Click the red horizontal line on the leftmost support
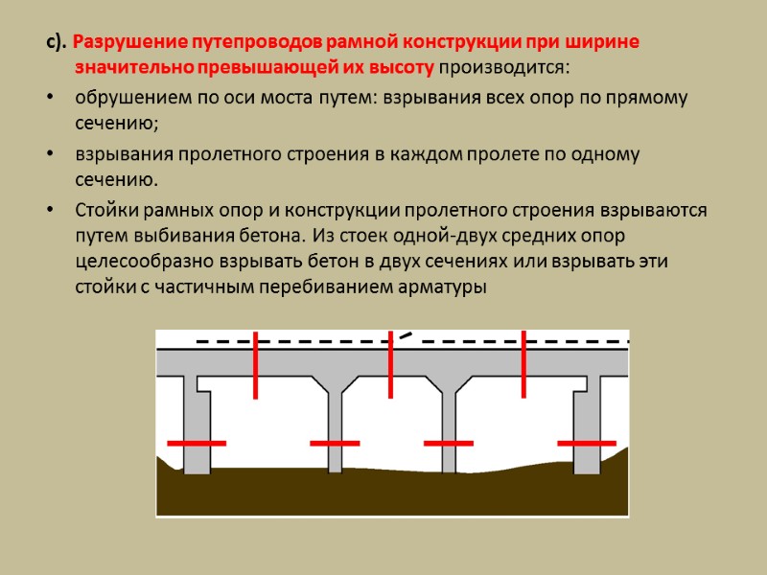pos(197,444)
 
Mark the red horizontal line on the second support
pos(335,444)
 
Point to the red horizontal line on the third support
pos(449,444)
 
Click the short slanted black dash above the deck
pos(406,334)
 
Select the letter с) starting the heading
pos(55,44)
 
